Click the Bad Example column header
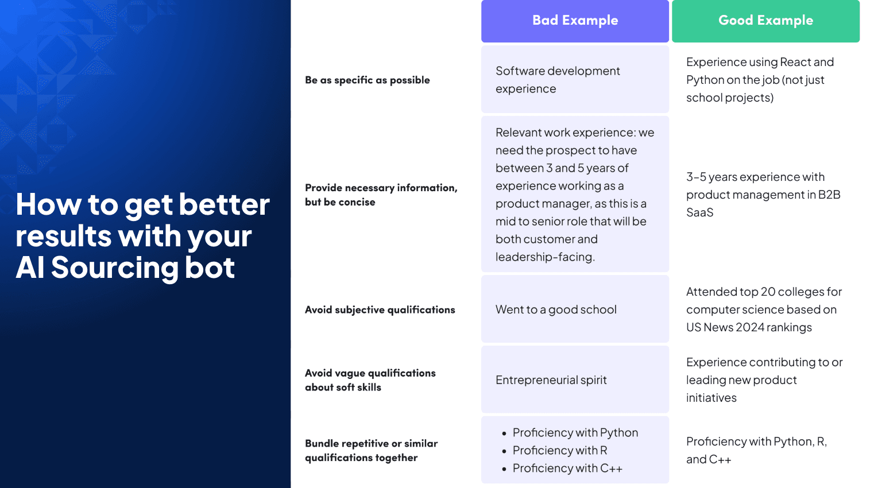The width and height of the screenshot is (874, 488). (575, 21)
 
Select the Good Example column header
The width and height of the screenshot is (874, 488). (765, 21)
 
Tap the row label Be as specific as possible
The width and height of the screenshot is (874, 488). (367, 80)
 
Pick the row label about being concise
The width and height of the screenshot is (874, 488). (381, 195)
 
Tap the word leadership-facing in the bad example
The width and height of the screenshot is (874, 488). (544, 257)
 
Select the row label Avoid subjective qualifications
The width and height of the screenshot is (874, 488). (380, 310)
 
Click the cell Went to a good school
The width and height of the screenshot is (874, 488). (556, 310)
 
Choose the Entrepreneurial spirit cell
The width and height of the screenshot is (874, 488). (551, 380)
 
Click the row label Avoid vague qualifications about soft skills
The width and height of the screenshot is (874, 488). (370, 380)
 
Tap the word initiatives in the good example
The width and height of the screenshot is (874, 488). (711, 398)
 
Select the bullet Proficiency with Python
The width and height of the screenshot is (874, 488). (575, 433)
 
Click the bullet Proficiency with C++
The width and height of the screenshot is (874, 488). (567, 468)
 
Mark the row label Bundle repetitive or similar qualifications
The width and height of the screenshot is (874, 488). (371, 451)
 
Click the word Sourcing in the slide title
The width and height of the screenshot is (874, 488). (114, 268)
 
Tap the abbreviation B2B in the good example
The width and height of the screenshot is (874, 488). (829, 195)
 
